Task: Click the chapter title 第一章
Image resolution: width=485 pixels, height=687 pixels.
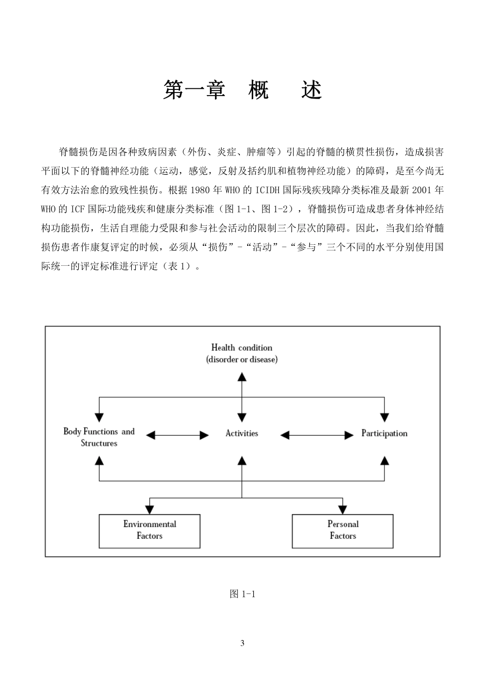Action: pos(194,90)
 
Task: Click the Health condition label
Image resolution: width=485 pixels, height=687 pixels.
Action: pos(241,348)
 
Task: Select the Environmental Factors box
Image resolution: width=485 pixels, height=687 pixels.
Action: pos(149,531)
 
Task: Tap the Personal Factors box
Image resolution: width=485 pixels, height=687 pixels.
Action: pos(343,531)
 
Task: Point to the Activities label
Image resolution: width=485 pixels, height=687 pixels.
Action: pos(241,433)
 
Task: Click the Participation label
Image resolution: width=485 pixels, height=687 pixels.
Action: pos(384,433)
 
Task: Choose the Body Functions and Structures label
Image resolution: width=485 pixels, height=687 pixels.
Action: pos(99,437)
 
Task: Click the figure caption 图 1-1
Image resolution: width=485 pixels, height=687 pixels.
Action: pos(242,593)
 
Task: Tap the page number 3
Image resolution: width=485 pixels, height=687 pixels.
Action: pos(242,643)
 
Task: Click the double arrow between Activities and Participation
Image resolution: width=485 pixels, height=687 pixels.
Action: pos(317,435)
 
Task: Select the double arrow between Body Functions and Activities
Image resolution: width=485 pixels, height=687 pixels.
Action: pos(177,435)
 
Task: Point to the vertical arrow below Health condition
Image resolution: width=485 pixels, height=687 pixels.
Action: pos(242,396)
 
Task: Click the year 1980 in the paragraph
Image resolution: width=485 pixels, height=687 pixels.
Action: pos(199,190)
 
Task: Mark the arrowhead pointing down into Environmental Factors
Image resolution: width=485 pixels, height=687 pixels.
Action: pos(149,509)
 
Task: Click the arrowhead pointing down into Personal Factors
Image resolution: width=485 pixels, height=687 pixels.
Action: pos(343,509)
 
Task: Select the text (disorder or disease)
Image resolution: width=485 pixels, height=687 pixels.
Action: pos(241,359)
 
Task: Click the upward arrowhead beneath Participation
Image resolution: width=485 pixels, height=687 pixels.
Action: pos(384,461)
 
